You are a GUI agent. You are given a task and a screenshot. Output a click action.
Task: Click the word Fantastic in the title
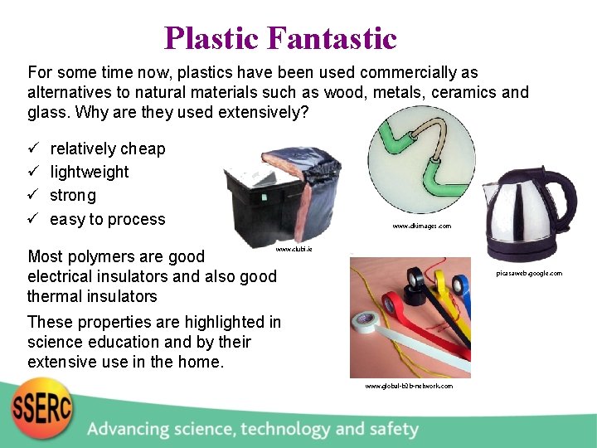(x=332, y=38)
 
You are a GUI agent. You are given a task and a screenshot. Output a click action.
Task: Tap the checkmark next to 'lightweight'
(x=34, y=172)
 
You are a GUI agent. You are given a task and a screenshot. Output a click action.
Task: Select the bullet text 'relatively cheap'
(x=108, y=149)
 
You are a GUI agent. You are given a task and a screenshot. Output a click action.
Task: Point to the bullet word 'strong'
(x=73, y=196)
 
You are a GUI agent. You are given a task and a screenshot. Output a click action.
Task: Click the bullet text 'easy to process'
(x=108, y=219)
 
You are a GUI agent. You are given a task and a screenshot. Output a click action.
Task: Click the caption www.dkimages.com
(x=422, y=226)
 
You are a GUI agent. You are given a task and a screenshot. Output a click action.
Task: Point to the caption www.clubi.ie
(x=294, y=248)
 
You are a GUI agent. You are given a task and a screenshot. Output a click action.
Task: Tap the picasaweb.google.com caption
(x=529, y=273)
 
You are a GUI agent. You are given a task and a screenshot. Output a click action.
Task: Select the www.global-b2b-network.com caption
(x=409, y=386)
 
